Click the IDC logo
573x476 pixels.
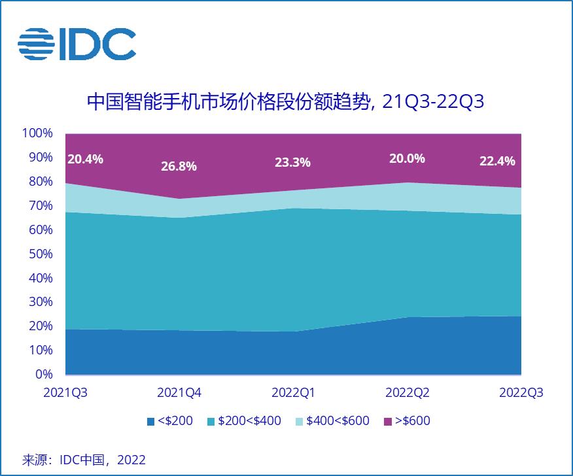pyautogui.click(x=77, y=44)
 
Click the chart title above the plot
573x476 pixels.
pyautogui.click(x=286, y=103)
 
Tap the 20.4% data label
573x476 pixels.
pyautogui.click(x=85, y=158)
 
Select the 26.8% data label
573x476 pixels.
pyautogui.click(x=179, y=166)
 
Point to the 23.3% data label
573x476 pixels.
pyautogui.click(x=292, y=163)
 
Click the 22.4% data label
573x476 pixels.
pyautogui.click(x=497, y=161)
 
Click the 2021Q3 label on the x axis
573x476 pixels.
pyautogui.click(x=65, y=393)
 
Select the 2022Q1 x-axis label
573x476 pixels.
pyautogui.click(x=293, y=393)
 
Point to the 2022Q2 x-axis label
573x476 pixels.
pyautogui.click(x=408, y=393)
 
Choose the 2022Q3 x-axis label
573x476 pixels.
pyautogui.click(x=521, y=393)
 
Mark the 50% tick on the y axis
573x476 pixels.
pyautogui.click(x=39, y=254)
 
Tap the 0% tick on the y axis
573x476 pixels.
pyautogui.click(x=44, y=375)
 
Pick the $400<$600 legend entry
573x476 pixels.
pyautogui.click(x=333, y=421)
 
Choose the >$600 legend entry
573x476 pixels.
pyautogui.click(x=406, y=421)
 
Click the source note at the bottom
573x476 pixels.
pyautogui.click(x=83, y=460)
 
